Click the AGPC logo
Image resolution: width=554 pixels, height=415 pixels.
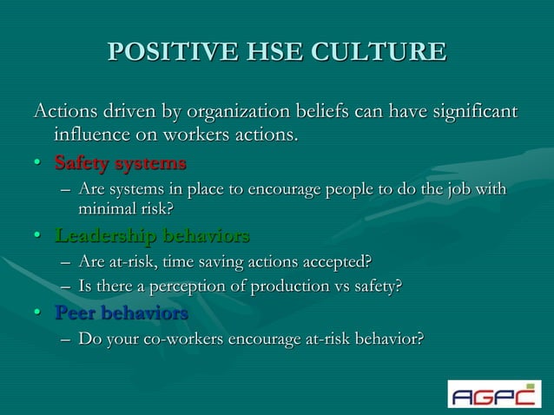494,393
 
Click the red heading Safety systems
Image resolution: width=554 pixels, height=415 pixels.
120,162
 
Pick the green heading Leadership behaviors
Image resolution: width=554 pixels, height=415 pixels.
152,235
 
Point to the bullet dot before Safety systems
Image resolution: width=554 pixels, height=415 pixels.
39,164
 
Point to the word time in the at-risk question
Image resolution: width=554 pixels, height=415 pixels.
165,261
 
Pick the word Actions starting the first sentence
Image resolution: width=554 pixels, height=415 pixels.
62,112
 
